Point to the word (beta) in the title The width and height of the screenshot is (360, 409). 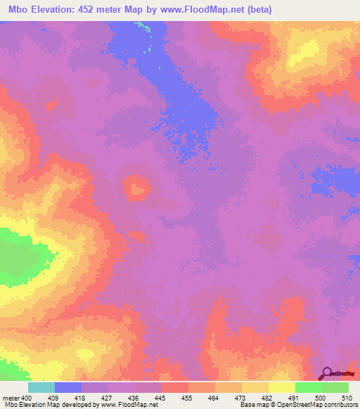click(x=257, y=9)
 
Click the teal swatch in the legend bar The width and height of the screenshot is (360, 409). click(x=41, y=387)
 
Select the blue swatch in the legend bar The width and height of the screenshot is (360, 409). click(x=68, y=387)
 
